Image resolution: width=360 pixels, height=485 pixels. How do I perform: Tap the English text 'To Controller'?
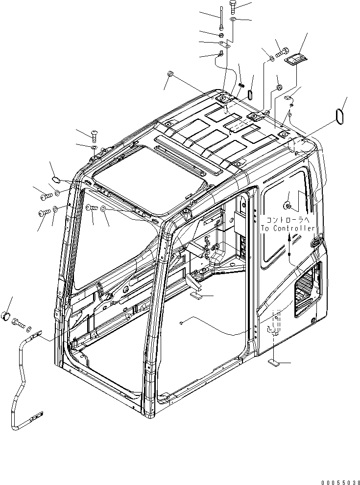pyautogui.click(x=287, y=228)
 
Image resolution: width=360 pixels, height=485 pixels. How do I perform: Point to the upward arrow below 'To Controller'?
pyautogui.click(x=289, y=238)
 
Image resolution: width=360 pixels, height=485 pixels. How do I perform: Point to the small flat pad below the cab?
pyautogui.click(x=274, y=363)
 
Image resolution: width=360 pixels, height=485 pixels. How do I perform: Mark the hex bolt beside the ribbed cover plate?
pyautogui.click(x=282, y=49)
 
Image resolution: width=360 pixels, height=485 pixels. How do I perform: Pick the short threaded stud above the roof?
pyautogui.click(x=241, y=85)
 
